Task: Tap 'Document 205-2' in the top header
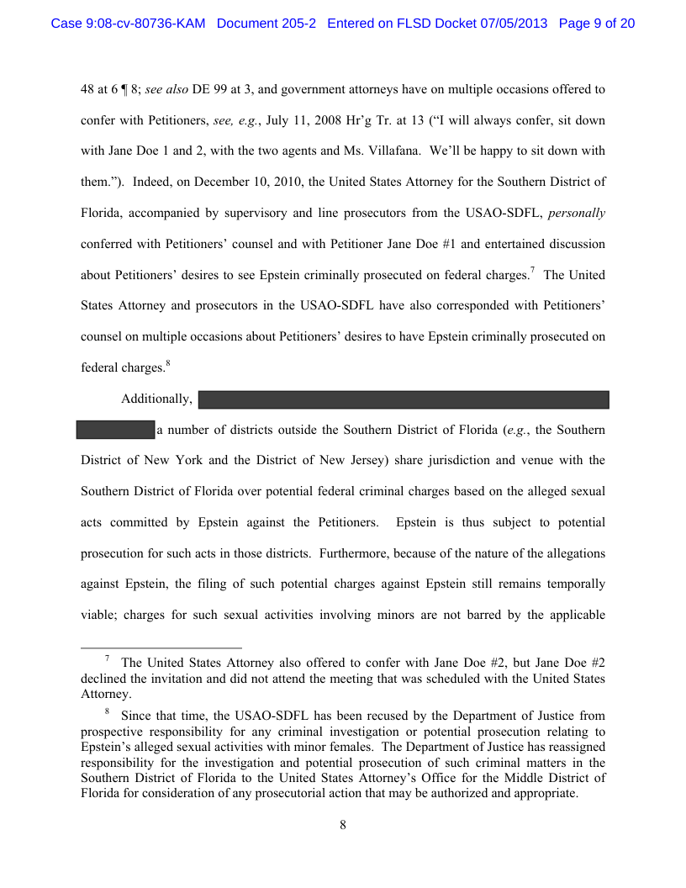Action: (266, 24)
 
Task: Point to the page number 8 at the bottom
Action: (343, 825)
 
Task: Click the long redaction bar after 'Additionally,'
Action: (404, 399)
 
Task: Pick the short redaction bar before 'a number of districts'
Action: (115, 430)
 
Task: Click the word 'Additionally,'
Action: (157, 399)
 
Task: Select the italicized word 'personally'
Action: (577, 213)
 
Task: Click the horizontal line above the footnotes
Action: (161, 648)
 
